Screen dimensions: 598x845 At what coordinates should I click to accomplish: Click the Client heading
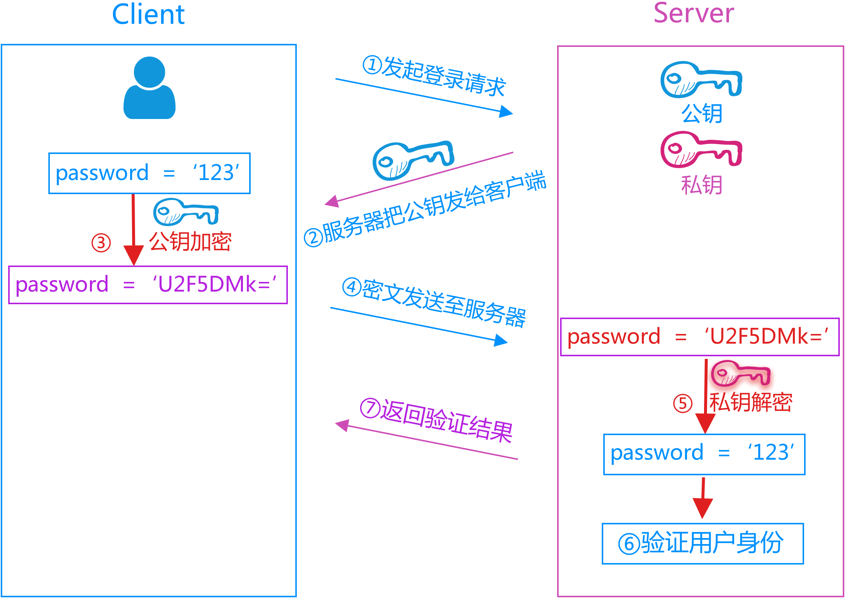tap(148, 15)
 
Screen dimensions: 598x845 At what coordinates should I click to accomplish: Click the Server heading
tap(694, 13)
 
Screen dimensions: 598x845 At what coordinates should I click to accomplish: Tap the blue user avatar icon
tap(149, 88)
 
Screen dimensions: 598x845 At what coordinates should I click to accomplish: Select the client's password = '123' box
tap(149, 173)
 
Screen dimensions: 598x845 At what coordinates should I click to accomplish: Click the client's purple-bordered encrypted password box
tap(148, 285)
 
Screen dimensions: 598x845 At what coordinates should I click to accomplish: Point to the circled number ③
tap(101, 243)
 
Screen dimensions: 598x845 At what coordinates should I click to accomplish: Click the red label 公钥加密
tap(190, 242)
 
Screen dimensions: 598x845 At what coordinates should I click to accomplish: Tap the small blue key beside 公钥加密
tap(186, 212)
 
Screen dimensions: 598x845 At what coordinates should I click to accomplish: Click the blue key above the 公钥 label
tap(701, 80)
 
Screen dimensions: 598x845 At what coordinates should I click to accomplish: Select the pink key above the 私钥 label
tap(701, 149)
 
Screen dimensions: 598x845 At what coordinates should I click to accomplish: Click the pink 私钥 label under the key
tap(701, 185)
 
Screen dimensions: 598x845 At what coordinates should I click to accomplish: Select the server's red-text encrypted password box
tap(700, 337)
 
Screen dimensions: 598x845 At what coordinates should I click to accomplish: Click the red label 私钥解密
tap(751, 402)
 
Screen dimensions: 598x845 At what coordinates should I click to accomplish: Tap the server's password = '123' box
tap(704, 454)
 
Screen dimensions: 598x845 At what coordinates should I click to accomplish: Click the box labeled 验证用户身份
tap(703, 543)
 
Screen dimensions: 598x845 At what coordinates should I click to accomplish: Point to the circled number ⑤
tap(683, 404)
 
